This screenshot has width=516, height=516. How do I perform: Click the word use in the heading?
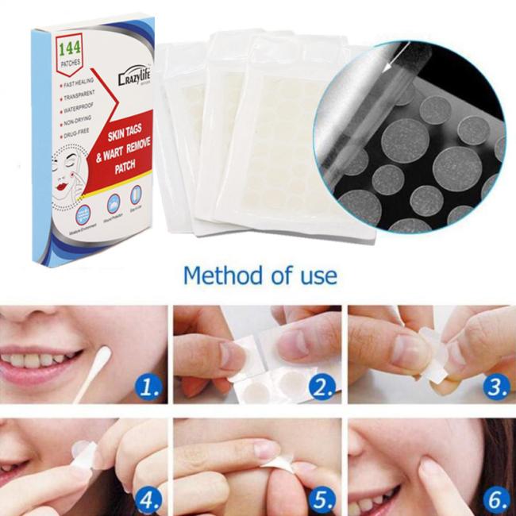[x=316, y=275]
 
